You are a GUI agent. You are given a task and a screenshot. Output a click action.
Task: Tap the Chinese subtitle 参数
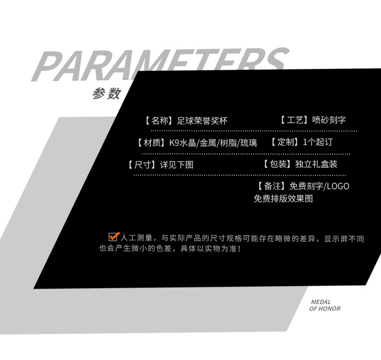(107, 93)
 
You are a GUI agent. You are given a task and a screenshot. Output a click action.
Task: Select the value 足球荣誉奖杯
(202, 120)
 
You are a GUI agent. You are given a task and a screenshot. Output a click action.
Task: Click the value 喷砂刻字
(329, 120)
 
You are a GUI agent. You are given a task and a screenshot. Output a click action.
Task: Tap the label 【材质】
(151, 143)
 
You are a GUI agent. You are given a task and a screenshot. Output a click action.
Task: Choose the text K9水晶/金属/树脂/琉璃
(213, 143)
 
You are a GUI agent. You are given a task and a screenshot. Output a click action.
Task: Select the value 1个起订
(318, 142)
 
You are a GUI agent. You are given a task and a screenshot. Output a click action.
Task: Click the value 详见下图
(177, 164)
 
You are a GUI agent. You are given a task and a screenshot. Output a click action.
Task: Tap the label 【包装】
(277, 164)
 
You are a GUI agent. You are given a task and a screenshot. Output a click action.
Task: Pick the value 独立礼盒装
(316, 164)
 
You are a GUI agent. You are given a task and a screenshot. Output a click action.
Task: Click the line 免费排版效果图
(283, 199)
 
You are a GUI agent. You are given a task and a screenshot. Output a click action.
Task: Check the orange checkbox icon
(114, 237)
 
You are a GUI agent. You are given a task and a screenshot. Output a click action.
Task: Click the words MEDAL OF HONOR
(324, 306)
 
